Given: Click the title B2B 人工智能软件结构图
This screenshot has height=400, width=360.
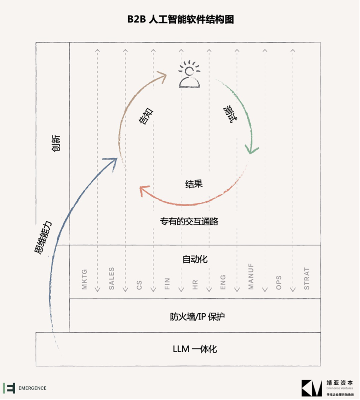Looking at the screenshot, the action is click(180, 19).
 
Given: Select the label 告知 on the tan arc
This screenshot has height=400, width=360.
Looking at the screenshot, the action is click(146, 116).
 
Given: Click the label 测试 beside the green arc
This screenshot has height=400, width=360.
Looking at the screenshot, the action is click(230, 114).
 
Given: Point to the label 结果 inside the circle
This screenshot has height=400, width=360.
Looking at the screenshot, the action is click(194, 184).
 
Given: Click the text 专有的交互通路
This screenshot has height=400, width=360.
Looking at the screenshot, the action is click(189, 221).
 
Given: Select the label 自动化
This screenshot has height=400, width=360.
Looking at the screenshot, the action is click(195, 259).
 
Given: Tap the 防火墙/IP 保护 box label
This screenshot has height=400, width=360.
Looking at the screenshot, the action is click(197, 316).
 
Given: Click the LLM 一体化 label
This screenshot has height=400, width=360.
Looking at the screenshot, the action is click(195, 349).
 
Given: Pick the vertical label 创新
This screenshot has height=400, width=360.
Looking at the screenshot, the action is click(56, 143).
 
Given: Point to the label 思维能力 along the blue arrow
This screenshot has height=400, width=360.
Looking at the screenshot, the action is click(43, 238).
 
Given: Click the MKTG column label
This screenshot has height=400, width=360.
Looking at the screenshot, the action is click(84, 279).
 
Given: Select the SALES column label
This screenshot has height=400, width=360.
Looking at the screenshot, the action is click(112, 278).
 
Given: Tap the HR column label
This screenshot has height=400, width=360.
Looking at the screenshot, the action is click(195, 285).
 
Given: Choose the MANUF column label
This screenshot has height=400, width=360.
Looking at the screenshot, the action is click(251, 276).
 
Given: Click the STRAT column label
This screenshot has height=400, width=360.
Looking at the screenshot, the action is click(307, 278).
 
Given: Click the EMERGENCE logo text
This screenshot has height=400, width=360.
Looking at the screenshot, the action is click(32, 388).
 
